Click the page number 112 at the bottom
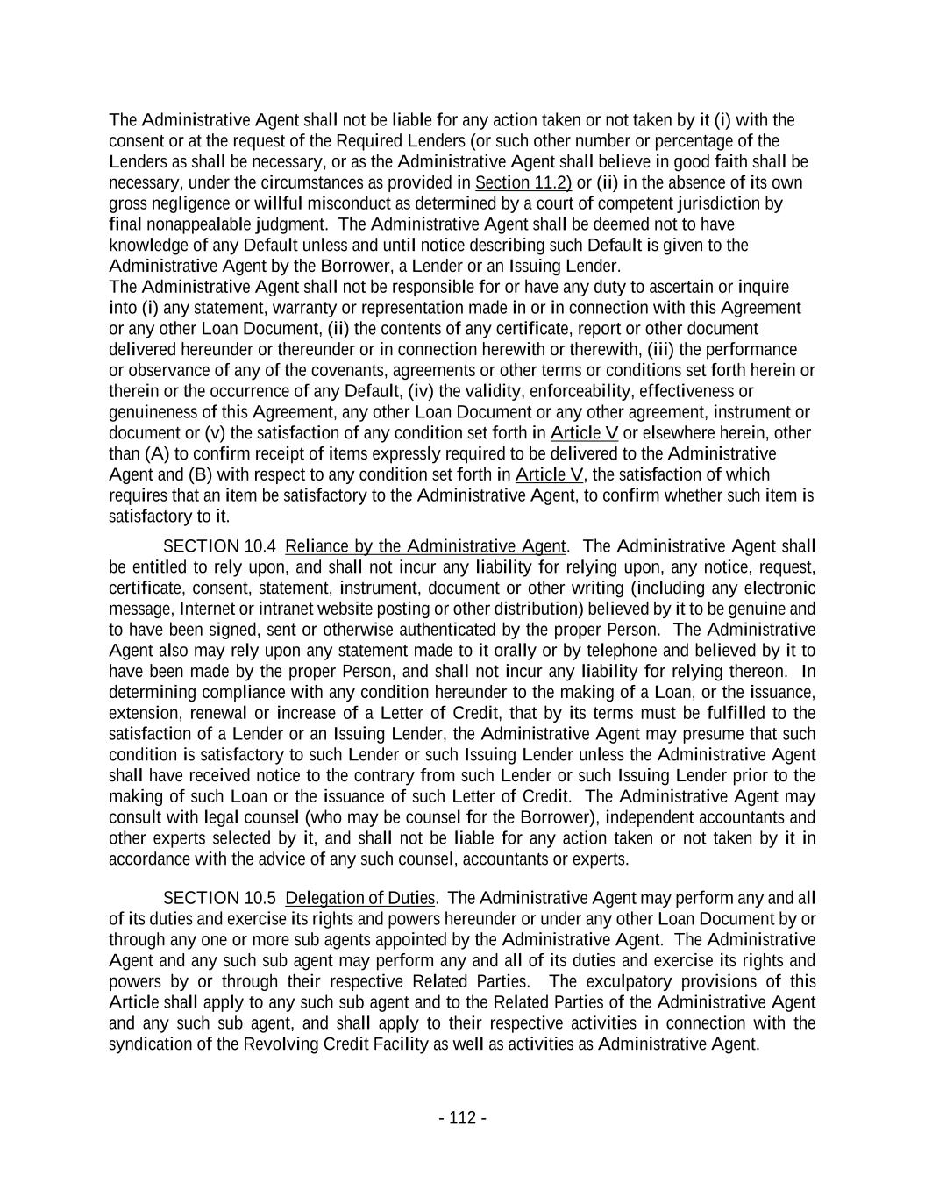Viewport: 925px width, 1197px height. tap(462, 1118)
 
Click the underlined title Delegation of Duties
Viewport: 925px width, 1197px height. tap(360, 898)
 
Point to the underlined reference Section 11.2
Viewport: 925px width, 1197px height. tap(523, 182)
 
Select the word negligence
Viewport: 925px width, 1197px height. tap(189, 203)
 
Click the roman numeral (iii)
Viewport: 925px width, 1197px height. tap(662, 350)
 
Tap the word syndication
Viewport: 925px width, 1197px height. tap(146, 1044)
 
